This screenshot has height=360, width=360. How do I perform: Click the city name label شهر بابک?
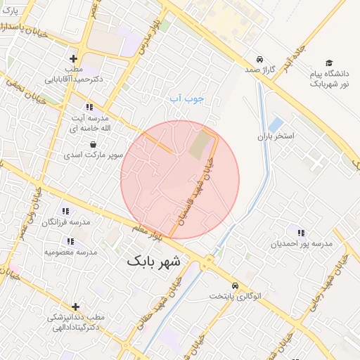coord(153,261)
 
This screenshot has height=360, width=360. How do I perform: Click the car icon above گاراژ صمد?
coord(260,59)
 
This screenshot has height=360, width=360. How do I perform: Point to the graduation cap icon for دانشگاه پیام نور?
coord(328,63)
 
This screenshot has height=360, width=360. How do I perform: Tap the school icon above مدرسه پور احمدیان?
coord(301,233)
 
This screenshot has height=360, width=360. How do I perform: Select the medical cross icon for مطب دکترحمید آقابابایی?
coord(73,58)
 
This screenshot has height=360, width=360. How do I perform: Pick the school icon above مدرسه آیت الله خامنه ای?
coord(89,107)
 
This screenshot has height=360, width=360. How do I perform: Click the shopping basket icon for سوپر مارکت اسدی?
coord(94,144)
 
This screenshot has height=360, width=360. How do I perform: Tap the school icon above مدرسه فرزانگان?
coord(65,211)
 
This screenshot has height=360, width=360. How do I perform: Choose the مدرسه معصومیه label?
coord(70,251)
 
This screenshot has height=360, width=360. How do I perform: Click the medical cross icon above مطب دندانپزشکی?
coord(76,307)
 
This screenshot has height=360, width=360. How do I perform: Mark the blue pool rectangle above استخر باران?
coord(276,124)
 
